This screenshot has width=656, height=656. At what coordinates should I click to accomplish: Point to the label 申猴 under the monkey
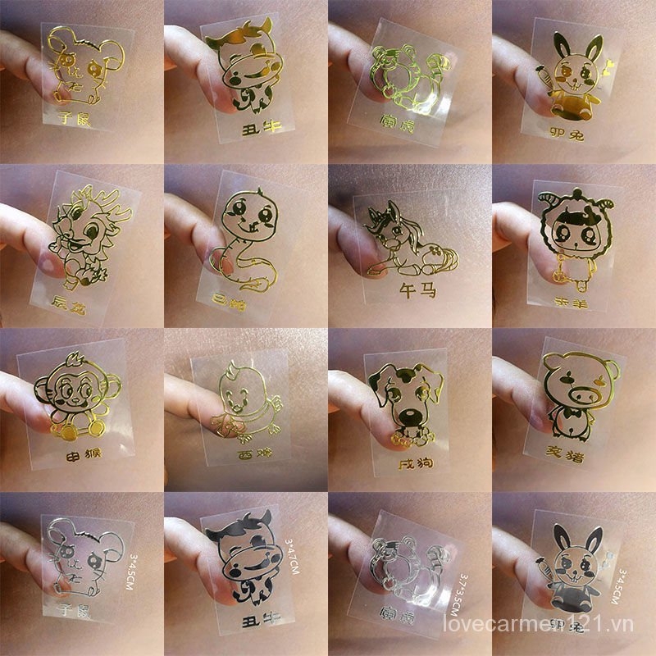(82, 457)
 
